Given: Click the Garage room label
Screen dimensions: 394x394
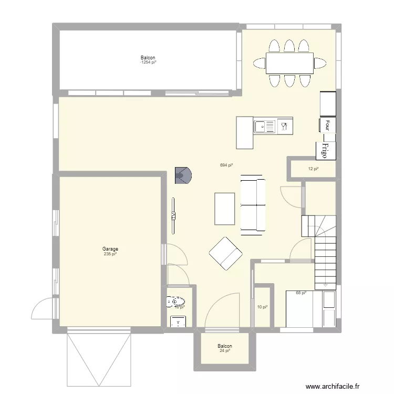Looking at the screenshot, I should [x=110, y=249].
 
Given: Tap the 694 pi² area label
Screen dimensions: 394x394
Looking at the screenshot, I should [x=226, y=165].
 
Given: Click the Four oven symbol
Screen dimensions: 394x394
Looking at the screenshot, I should [x=327, y=125].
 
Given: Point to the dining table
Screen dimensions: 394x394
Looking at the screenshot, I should [x=289, y=63].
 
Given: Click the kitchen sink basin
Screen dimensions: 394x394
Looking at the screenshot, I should [x=261, y=126].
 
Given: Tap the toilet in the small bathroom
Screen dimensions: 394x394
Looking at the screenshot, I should [x=175, y=302].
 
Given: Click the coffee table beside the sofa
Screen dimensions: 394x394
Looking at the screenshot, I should [x=224, y=209].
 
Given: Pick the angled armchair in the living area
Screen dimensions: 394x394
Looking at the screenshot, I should [x=226, y=253].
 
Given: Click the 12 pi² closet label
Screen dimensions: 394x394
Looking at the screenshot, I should [x=313, y=169].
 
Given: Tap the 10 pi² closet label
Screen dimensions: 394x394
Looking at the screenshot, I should [x=262, y=307].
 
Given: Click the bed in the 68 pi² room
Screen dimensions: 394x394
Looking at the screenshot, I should [x=305, y=309].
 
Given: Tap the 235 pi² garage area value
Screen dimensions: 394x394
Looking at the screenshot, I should [x=110, y=254].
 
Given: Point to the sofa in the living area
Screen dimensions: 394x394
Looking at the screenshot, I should [x=253, y=205].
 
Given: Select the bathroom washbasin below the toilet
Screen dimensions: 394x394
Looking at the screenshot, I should [x=180, y=321].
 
